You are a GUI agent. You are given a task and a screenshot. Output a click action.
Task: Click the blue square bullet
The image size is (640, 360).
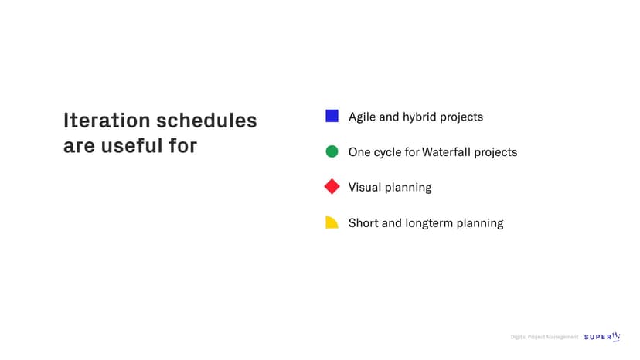pos(332,116)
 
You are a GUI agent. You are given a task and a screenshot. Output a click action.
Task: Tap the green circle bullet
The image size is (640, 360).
pos(332,151)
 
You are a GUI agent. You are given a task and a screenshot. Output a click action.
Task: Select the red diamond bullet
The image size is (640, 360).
pos(332,186)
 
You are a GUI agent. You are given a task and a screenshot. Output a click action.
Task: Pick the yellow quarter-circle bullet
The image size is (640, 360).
pos(332,222)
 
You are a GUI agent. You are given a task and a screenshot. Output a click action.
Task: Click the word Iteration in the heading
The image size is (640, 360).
pos(107,121)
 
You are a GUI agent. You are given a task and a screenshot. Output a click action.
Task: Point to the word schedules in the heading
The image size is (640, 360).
pos(207,121)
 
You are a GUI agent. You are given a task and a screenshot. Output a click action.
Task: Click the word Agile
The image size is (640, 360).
pos(362,117)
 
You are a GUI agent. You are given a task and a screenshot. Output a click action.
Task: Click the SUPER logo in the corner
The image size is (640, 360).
pos(602,337)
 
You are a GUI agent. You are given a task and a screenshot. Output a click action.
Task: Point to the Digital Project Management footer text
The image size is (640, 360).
pos(544,337)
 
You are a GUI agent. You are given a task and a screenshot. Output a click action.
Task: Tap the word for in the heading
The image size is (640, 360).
pos(183,146)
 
